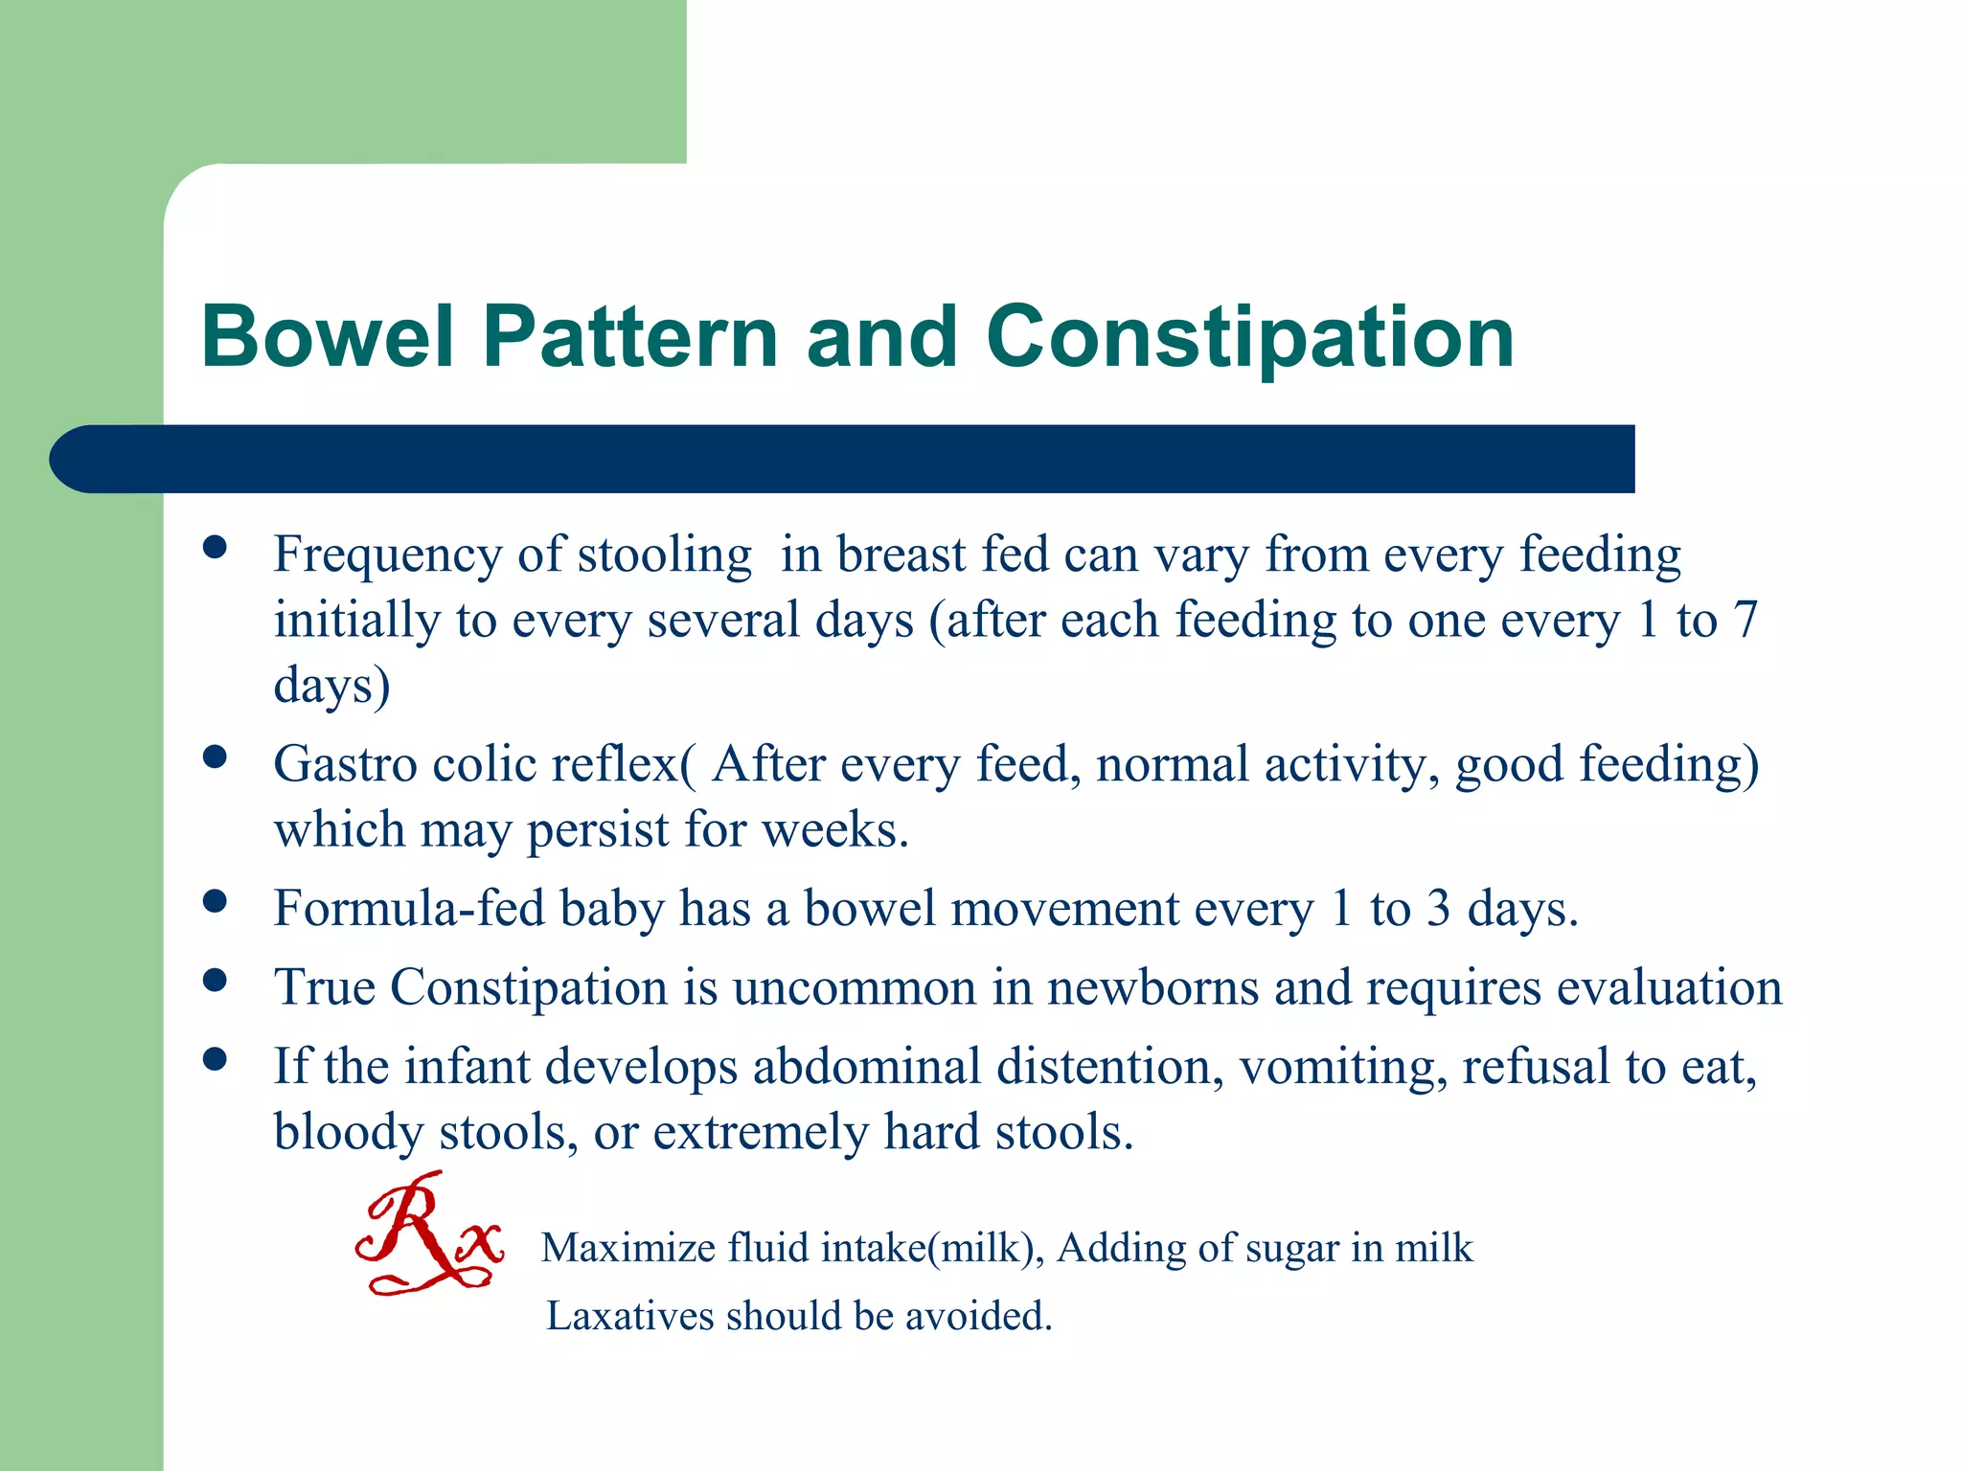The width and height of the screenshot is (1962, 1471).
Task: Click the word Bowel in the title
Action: pyautogui.click(x=327, y=336)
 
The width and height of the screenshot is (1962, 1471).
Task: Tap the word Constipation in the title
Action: pyautogui.click(x=1249, y=336)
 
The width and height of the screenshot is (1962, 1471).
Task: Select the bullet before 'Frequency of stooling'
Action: pyautogui.click(x=216, y=548)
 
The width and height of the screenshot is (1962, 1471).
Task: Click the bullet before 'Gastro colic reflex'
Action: pyautogui.click(x=216, y=758)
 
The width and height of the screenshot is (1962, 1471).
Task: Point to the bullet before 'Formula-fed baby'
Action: pyautogui.click(x=216, y=901)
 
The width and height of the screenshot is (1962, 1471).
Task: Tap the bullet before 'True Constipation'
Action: pyautogui.click(x=216, y=980)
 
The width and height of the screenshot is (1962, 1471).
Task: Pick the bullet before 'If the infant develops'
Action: pyautogui.click(x=216, y=1059)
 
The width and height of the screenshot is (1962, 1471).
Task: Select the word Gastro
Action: pyautogui.click(x=345, y=764)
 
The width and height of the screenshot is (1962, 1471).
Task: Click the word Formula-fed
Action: pyautogui.click(x=409, y=908)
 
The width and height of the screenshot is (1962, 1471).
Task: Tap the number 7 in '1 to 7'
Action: pyautogui.click(x=1745, y=620)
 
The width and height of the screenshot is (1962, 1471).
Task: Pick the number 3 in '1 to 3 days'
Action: pyautogui.click(x=1437, y=908)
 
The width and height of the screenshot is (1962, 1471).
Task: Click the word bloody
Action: pyautogui.click(x=349, y=1133)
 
